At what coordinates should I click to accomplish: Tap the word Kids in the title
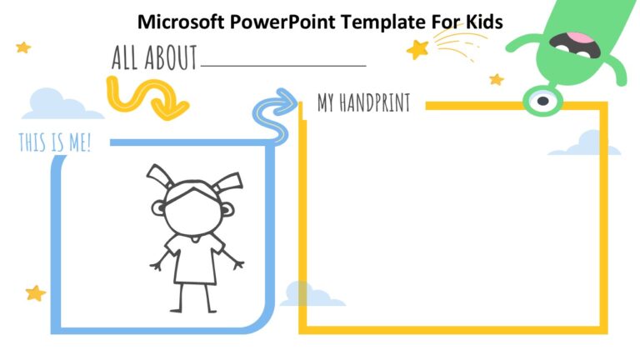tap(481, 22)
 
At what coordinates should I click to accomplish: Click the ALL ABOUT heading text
tap(154, 58)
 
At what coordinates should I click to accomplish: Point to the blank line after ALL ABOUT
tap(283, 64)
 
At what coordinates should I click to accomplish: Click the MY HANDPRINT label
tap(363, 103)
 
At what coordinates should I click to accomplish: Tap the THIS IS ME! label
tap(55, 142)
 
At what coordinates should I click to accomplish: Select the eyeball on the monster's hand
tap(542, 101)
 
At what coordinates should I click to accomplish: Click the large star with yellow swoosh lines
tap(417, 50)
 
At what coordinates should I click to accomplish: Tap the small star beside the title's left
tap(23, 47)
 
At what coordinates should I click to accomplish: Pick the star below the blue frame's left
tap(35, 292)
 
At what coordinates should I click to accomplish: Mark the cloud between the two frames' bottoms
tap(311, 294)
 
